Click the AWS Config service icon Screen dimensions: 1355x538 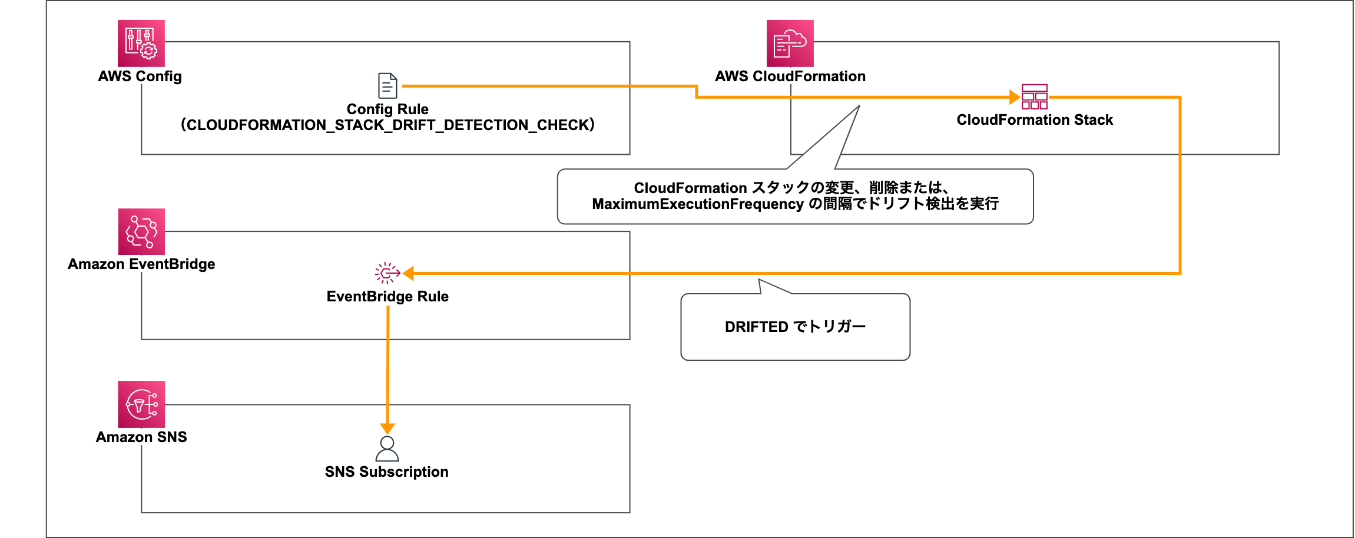(141, 44)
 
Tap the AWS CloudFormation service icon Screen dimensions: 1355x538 (790, 44)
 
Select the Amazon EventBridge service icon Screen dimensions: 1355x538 (141, 232)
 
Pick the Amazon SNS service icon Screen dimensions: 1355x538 (141, 404)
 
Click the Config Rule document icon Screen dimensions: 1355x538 (387, 86)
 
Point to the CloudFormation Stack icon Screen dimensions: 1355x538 (1035, 97)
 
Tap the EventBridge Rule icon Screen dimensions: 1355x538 (387, 273)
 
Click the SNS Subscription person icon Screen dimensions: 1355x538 (387, 449)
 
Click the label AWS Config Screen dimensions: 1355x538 (140, 77)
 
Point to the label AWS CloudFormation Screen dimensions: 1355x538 (790, 77)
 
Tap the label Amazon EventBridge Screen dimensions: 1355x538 (141, 264)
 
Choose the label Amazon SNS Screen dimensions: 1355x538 (141, 437)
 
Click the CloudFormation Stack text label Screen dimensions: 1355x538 (1035, 120)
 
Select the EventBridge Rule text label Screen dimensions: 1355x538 (387, 297)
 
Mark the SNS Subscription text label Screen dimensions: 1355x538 (387, 472)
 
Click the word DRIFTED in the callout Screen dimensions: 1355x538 (757, 327)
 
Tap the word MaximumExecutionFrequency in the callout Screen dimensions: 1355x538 (698, 204)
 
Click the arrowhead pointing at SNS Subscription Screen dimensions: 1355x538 (387, 429)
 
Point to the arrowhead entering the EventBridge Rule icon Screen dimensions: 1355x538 (408, 273)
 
